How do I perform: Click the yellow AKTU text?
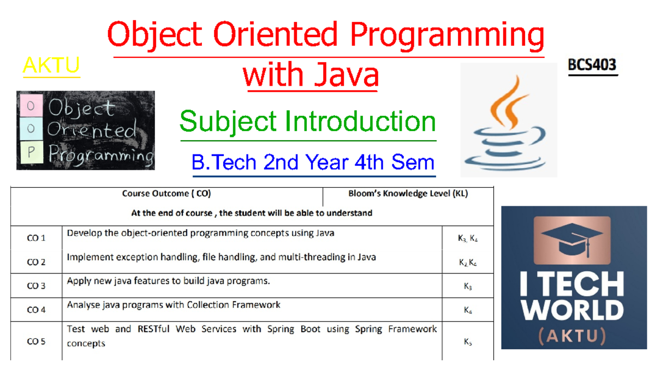(x=51, y=65)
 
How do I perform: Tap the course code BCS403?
(x=592, y=65)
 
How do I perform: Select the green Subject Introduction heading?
(x=307, y=121)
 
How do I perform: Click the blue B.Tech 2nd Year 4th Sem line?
(x=313, y=162)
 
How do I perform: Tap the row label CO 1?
(x=37, y=238)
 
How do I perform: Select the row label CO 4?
(x=37, y=309)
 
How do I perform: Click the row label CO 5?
(x=37, y=342)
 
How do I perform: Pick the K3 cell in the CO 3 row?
(x=468, y=287)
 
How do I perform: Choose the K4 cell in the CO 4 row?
(x=468, y=310)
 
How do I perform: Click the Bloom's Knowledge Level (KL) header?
(x=408, y=193)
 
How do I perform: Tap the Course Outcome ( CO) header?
(x=166, y=193)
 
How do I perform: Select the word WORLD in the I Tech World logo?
(x=573, y=310)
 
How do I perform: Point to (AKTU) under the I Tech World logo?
(x=573, y=335)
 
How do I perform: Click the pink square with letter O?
(x=31, y=106)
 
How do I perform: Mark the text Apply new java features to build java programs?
(x=168, y=282)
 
